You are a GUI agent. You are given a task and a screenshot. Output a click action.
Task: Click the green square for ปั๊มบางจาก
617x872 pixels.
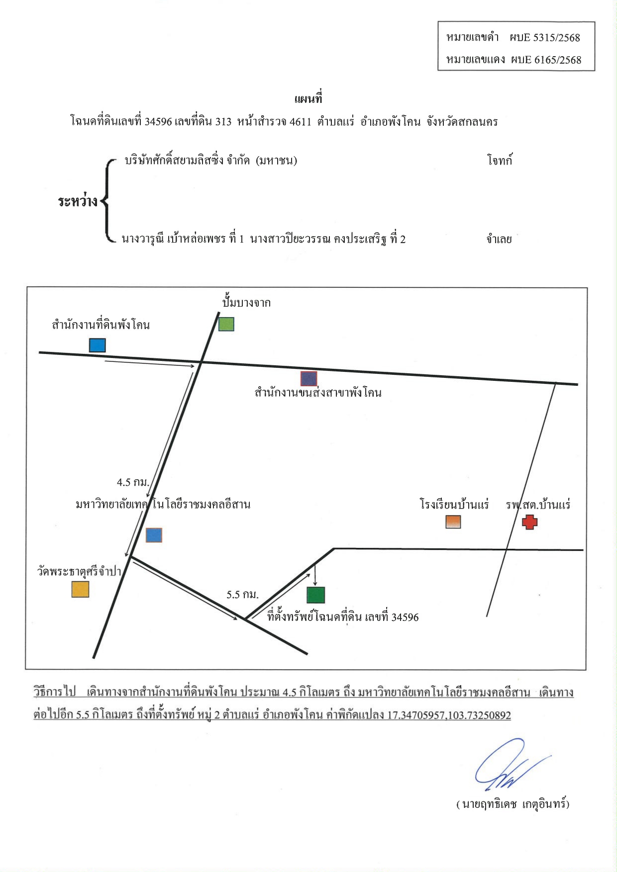(x=226, y=324)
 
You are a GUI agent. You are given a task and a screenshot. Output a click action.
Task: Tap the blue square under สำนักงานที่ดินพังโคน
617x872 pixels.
(x=98, y=345)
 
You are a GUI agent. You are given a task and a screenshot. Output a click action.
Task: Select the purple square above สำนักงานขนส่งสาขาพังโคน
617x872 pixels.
(x=309, y=379)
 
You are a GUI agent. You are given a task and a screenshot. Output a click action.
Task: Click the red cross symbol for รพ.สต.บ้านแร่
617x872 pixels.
(x=530, y=522)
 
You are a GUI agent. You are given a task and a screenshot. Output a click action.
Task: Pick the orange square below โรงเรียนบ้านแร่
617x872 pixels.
(x=453, y=522)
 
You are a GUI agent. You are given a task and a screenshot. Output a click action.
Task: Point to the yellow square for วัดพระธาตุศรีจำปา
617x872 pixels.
(x=81, y=589)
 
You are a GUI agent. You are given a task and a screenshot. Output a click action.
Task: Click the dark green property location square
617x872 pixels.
(x=316, y=595)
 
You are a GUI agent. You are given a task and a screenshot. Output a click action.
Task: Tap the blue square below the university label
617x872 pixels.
(x=154, y=535)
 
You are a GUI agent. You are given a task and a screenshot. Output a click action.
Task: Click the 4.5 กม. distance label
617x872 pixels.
(x=133, y=482)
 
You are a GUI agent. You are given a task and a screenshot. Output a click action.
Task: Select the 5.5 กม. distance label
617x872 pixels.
(x=243, y=595)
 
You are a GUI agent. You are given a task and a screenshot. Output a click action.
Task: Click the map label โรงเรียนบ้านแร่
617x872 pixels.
(x=454, y=505)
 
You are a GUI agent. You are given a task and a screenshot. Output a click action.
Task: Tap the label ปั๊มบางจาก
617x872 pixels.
(x=246, y=302)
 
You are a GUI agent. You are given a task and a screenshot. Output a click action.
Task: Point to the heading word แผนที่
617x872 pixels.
(x=308, y=98)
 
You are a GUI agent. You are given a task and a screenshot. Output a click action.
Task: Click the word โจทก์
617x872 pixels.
(x=500, y=160)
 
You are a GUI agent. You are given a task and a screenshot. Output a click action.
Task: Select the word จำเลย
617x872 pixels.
(x=499, y=239)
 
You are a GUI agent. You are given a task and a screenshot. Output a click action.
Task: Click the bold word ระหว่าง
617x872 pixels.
(x=78, y=201)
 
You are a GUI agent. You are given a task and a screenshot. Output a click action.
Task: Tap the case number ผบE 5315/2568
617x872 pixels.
(x=545, y=38)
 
